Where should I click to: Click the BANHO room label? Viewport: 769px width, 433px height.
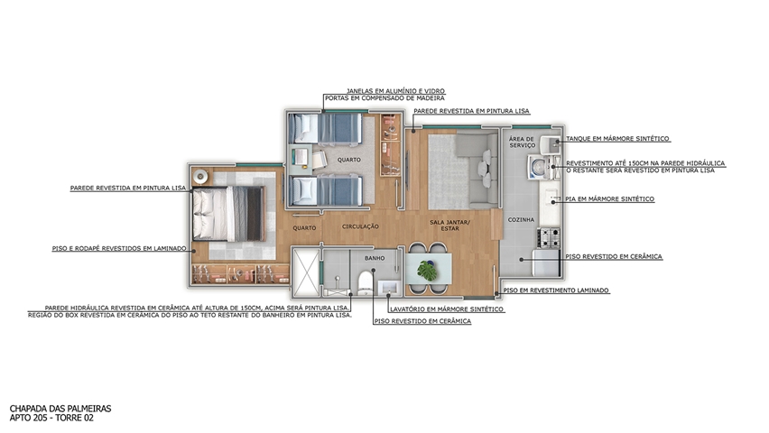click(375, 258)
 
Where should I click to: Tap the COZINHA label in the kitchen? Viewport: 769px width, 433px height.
click(521, 220)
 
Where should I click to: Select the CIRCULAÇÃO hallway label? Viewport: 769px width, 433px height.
click(360, 226)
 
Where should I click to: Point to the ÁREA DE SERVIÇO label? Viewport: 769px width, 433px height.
click(522, 143)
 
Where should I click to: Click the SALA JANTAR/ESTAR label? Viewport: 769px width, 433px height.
click(449, 226)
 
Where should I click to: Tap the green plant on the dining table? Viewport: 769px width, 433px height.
click(427, 271)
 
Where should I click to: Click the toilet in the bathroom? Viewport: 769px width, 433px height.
click(366, 283)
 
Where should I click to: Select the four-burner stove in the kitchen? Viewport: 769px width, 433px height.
click(548, 237)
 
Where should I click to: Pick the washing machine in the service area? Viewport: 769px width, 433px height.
click(539, 167)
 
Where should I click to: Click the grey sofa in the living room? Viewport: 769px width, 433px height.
click(477, 170)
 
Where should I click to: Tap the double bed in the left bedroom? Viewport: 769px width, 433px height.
click(228, 214)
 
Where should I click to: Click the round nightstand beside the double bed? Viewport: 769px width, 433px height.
click(200, 176)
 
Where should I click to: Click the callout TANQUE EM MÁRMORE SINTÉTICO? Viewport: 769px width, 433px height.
click(617, 139)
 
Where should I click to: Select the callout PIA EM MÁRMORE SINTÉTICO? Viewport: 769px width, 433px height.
click(609, 199)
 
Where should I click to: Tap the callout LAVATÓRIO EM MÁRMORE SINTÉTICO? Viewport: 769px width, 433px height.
click(446, 309)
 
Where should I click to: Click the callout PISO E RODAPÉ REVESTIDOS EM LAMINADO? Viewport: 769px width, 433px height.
click(119, 249)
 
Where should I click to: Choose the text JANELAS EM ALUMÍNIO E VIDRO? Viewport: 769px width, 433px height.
click(395, 91)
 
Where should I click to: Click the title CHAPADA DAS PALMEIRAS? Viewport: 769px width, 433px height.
click(60, 409)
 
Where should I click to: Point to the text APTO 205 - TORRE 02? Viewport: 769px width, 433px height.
click(51, 418)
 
